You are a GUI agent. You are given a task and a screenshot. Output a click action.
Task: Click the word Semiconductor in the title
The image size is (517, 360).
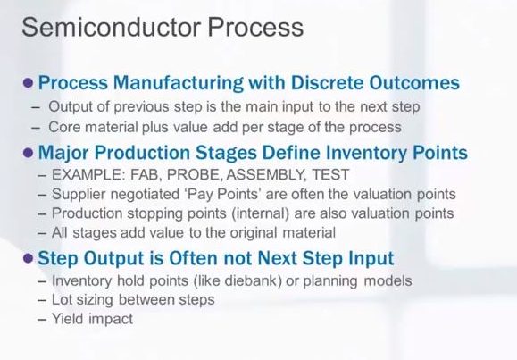112,27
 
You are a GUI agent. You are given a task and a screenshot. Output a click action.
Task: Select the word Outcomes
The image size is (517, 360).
414,82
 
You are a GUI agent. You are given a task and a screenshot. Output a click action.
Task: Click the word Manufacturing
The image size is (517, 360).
178,83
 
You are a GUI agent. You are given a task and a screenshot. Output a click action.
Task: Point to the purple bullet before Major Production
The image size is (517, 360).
29,153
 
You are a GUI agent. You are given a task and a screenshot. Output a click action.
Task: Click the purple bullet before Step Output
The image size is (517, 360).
29,258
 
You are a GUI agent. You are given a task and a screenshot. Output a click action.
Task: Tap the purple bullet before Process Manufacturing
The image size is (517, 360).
29,83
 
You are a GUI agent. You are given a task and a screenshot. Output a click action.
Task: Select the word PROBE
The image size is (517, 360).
194,174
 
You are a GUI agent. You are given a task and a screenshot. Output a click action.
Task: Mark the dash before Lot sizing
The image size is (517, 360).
42,301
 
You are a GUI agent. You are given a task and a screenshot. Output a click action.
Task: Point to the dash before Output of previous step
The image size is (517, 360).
36,107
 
